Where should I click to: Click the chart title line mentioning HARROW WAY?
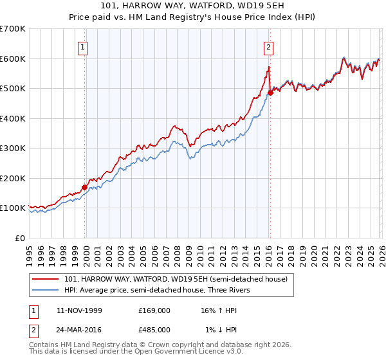[x=193, y=5]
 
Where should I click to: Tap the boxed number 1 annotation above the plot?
[x=84, y=46]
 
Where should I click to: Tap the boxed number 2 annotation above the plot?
[x=268, y=46]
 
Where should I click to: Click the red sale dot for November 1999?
[x=85, y=187]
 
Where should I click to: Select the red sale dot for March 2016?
[x=271, y=93]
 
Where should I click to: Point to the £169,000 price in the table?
[x=154, y=310]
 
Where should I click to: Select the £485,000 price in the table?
[x=154, y=330]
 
